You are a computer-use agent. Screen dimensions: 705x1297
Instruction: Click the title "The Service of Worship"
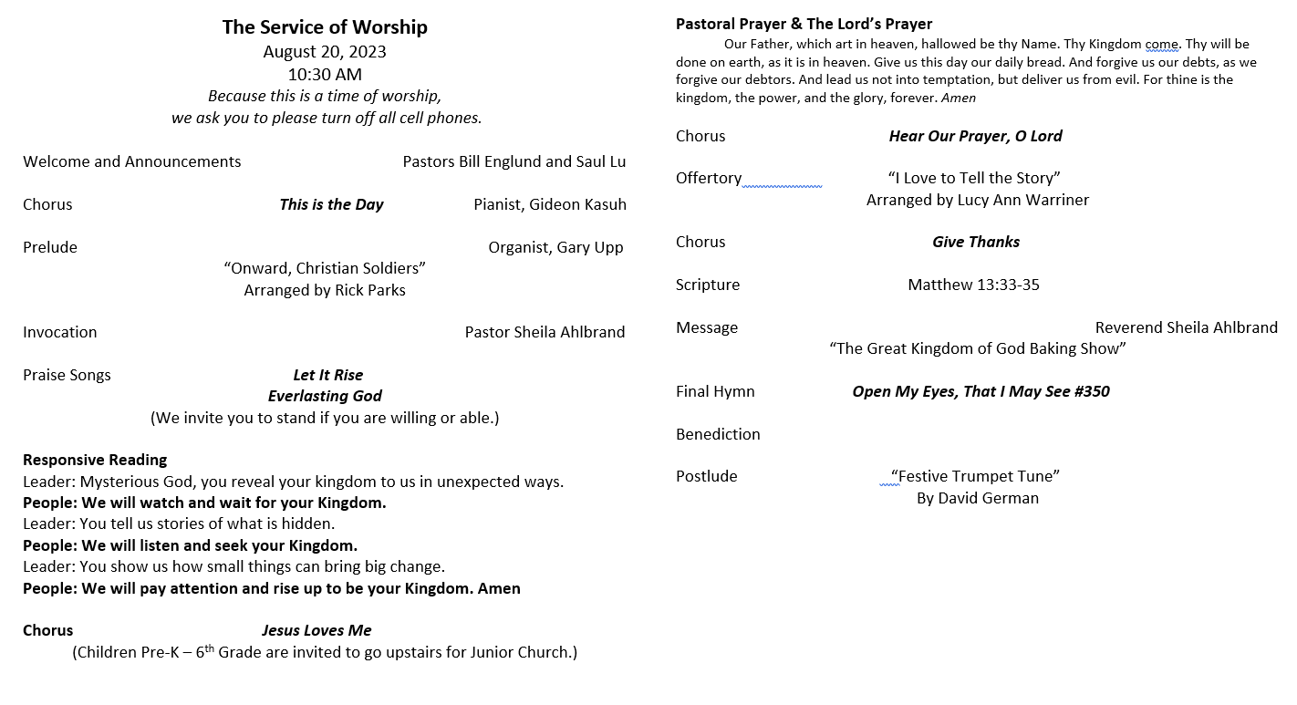325,27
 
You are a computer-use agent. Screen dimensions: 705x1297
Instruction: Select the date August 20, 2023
325,52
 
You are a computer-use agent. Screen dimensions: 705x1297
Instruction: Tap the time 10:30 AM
325,75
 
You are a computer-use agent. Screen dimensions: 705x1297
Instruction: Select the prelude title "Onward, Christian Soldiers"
325,268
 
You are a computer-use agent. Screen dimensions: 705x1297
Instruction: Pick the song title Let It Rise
327,375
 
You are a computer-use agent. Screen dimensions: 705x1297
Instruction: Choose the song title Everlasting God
325,396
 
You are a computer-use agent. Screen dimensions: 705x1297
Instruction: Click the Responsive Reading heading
95,460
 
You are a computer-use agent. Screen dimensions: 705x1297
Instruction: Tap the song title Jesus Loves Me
316,630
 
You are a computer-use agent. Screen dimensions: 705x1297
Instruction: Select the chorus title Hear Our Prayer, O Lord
975,136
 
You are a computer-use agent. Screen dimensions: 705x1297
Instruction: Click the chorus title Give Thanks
976,242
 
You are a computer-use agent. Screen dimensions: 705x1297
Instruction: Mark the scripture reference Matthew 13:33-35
973,285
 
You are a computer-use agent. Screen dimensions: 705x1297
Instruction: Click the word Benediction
718,434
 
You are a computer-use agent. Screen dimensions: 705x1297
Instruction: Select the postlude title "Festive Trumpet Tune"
975,476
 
